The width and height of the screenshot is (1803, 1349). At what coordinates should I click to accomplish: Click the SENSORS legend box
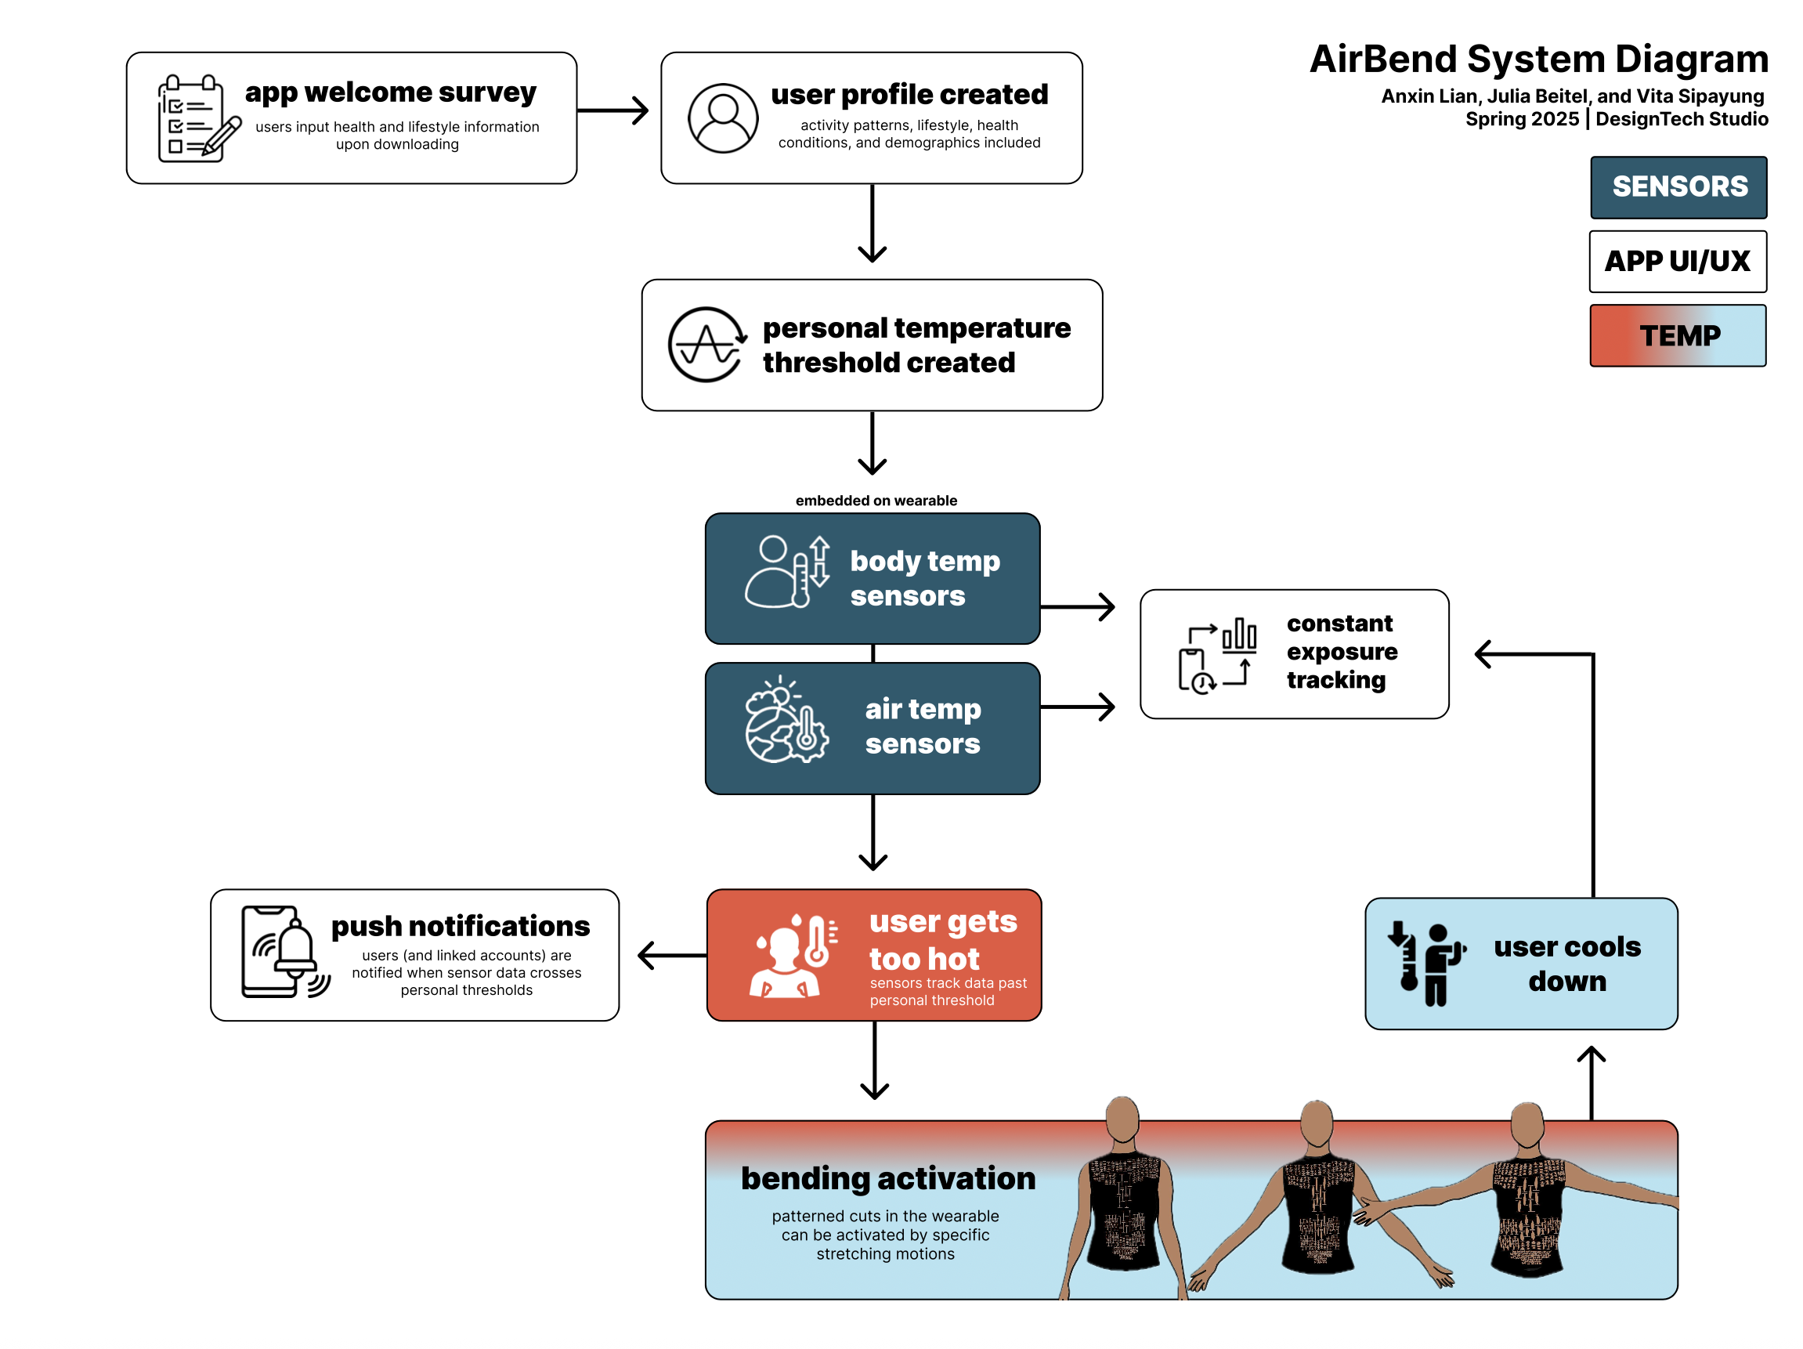1678,186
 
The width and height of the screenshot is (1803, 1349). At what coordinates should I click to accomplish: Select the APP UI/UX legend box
1678,261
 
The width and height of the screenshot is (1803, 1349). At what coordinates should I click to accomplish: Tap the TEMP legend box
1678,335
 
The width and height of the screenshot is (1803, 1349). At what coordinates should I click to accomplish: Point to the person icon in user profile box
722,118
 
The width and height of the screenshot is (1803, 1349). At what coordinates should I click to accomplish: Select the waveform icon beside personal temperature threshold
706,345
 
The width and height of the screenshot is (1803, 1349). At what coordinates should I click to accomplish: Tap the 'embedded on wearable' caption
876,501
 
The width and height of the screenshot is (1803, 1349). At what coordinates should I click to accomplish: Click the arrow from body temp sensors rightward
1078,606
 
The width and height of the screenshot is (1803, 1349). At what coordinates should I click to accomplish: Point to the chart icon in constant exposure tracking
1217,655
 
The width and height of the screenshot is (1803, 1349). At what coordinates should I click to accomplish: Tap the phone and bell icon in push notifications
283,952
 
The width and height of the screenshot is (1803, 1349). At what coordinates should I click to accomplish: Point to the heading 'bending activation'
887,1179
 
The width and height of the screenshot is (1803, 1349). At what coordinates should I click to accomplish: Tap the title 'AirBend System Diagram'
1538,60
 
